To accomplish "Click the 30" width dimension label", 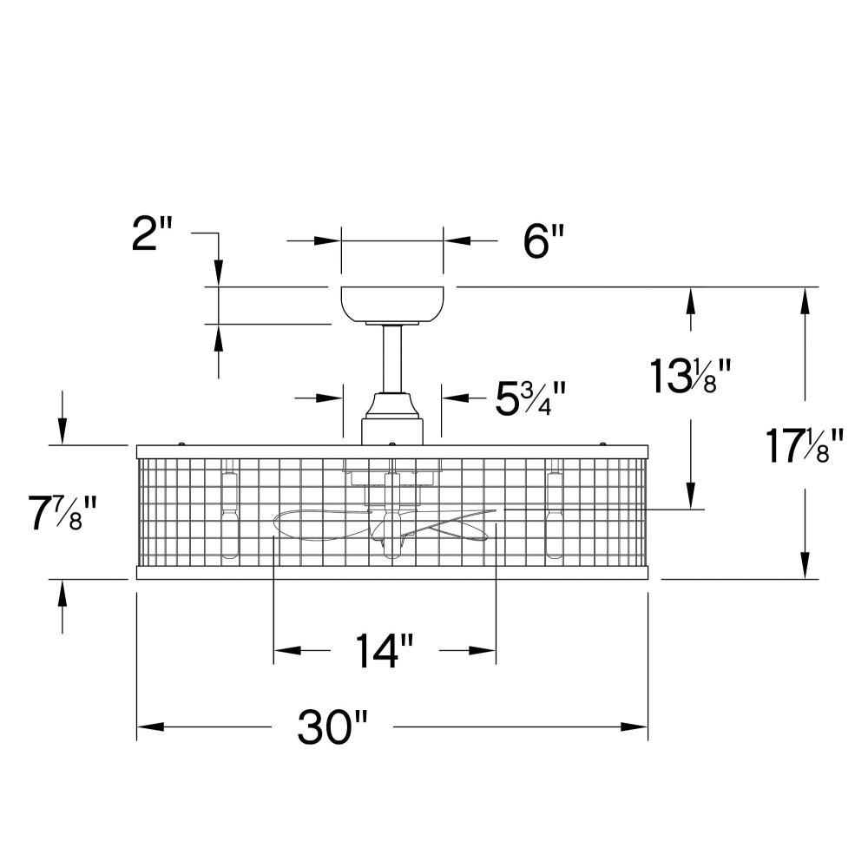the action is (x=332, y=727).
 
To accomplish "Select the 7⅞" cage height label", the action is (x=63, y=512).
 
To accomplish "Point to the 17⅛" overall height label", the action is (x=804, y=445).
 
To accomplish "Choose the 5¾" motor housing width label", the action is (x=530, y=398).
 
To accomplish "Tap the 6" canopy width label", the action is (x=544, y=241).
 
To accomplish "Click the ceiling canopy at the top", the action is (x=392, y=305).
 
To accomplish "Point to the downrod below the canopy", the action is (x=392, y=358).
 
